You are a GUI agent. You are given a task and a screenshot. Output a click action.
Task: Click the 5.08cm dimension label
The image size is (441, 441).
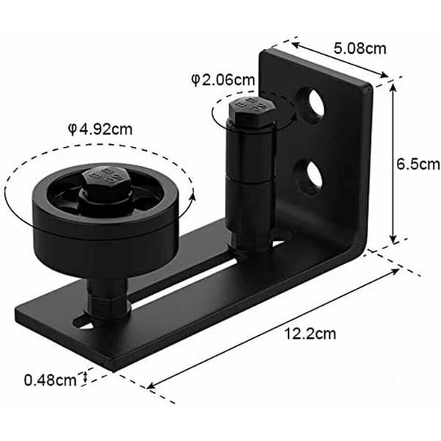[359, 49]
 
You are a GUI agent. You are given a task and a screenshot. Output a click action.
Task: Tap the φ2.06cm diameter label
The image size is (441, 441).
[223, 80]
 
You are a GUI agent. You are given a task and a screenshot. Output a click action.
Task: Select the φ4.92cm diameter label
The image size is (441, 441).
[100, 129]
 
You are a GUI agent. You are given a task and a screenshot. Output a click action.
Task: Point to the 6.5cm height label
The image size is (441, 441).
[417, 164]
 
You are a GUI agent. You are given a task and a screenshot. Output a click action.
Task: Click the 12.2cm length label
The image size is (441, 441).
[310, 334]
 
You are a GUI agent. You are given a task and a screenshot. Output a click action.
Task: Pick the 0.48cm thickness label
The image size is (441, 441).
[50, 380]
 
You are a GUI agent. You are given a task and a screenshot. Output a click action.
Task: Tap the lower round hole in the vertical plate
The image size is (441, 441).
[309, 177]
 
